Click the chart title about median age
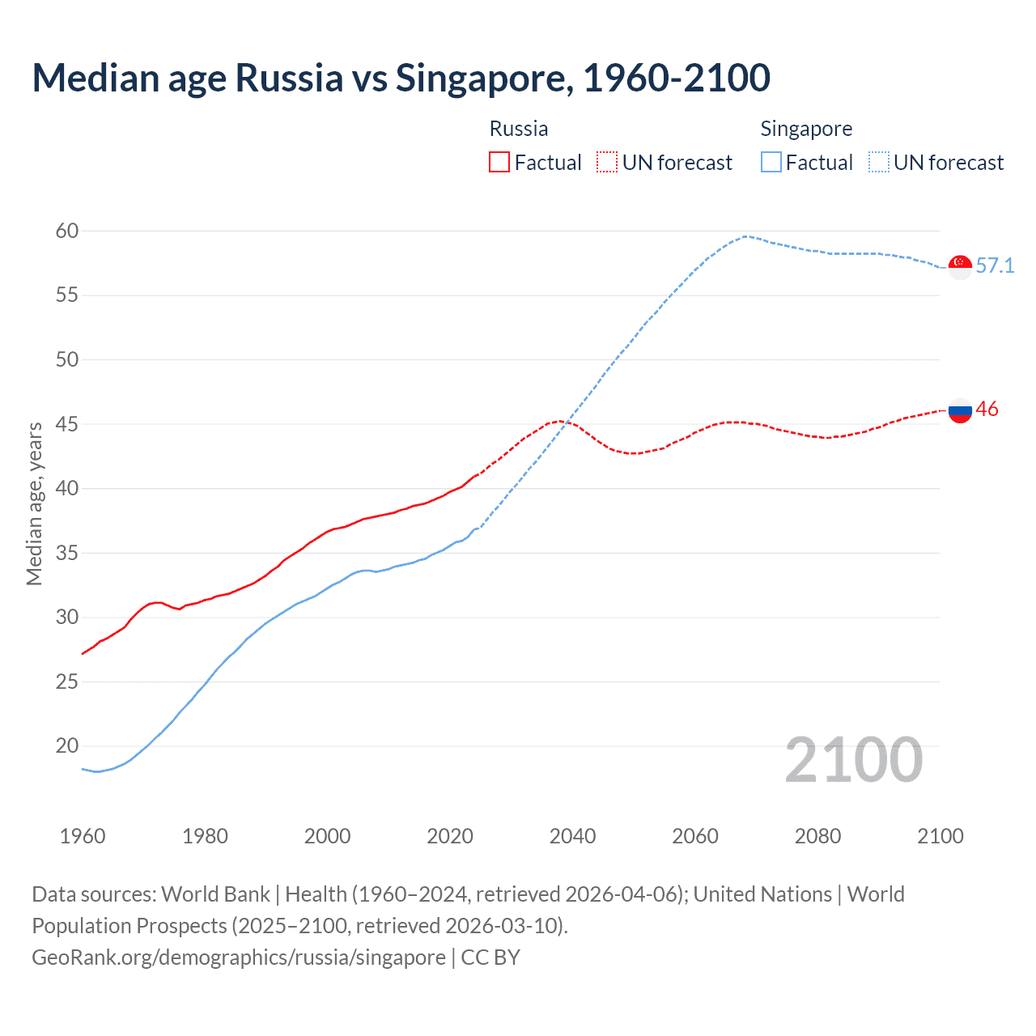tap(401, 78)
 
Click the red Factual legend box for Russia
tap(499, 162)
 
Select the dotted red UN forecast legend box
tap(607, 162)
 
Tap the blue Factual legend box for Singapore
tap(771, 162)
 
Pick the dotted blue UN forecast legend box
tap(879, 162)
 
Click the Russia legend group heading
tap(519, 129)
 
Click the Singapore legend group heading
tap(806, 129)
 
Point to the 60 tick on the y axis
tap(67, 231)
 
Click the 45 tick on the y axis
tap(67, 424)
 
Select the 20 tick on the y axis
tap(67, 745)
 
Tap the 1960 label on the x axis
tap(83, 836)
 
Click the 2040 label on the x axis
tap(572, 836)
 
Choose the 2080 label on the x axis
tap(817, 836)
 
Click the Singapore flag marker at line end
tap(960, 266)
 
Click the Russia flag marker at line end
tap(960, 410)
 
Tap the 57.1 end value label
tap(995, 265)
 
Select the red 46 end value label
tap(987, 409)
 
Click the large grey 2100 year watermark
tap(854, 760)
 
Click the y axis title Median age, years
tap(34, 503)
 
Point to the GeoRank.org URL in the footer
tap(239, 957)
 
